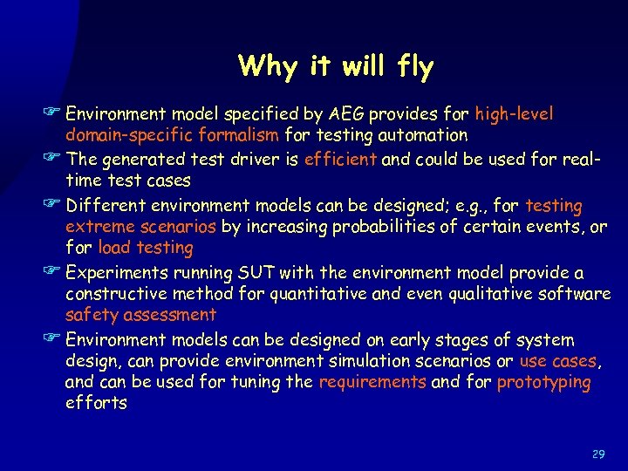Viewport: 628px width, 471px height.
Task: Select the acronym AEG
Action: [348, 114]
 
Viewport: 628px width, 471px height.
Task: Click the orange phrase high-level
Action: [514, 114]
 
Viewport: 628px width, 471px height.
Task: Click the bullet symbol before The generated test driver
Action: [55, 159]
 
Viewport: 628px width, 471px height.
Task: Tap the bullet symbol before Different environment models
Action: [55, 206]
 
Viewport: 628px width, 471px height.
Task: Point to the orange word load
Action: [115, 248]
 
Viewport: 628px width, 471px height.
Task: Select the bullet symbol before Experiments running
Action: [55, 272]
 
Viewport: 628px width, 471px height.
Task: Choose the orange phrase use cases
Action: [559, 360]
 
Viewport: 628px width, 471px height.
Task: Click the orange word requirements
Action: [372, 382]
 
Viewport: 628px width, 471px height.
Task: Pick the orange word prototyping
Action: [543, 382]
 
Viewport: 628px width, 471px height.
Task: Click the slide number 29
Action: [598, 454]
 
